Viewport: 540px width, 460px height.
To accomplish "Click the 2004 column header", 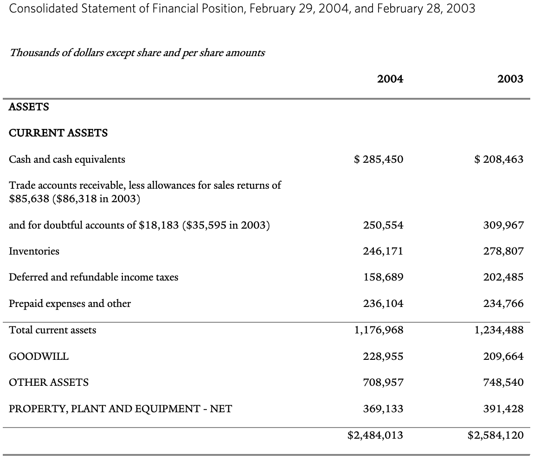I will pos(390,79).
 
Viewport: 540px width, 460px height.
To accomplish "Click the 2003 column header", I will pos(510,79).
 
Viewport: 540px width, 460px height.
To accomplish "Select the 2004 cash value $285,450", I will pos(378,160).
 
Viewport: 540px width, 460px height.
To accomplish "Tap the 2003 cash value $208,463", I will pos(499,160).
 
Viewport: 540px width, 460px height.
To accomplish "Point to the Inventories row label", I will pos(34,251).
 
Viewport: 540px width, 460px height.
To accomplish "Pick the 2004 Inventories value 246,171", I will pos(383,251).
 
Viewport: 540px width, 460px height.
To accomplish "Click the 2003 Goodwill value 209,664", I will pos(503,357).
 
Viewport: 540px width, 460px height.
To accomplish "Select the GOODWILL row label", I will pos(39,357).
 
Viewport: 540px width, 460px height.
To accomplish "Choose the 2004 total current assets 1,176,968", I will pos(379,330).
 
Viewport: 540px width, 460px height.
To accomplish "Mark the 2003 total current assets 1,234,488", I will pos(499,330).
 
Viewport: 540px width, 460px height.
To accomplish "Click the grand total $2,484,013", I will pos(375,435).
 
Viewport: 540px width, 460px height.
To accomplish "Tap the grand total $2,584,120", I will pos(496,435).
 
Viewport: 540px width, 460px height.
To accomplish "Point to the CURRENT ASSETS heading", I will pos(58,133).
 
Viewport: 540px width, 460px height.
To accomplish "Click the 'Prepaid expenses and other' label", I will pos(70,304).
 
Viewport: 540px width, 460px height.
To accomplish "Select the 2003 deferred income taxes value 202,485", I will pos(503,277).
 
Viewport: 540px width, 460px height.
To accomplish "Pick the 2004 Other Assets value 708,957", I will pos(383,383).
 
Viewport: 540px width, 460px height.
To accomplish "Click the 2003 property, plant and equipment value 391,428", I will pos(503,409).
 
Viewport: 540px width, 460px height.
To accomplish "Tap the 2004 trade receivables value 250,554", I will pos(383,225).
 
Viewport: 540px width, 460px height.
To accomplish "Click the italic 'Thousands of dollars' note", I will pos(137,52).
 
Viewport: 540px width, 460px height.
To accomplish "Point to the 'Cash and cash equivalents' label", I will pos(67,160).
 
